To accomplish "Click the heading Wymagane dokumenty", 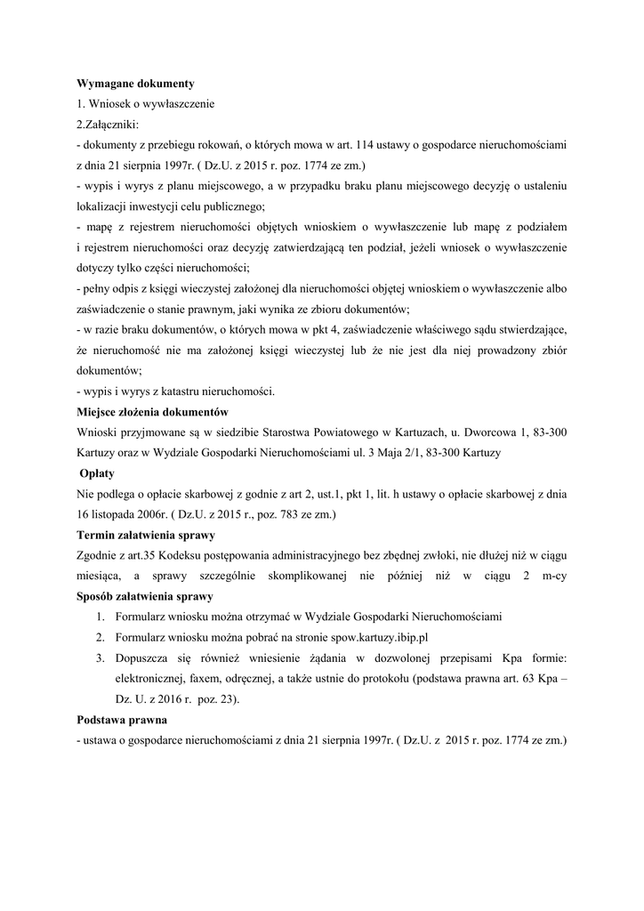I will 135,83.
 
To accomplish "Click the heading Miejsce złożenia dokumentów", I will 153,412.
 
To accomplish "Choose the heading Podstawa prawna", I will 121,719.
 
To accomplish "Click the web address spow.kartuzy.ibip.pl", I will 390,637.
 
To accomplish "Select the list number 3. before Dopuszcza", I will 100,657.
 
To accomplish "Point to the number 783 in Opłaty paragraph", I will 266,514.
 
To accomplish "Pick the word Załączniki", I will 112,124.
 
